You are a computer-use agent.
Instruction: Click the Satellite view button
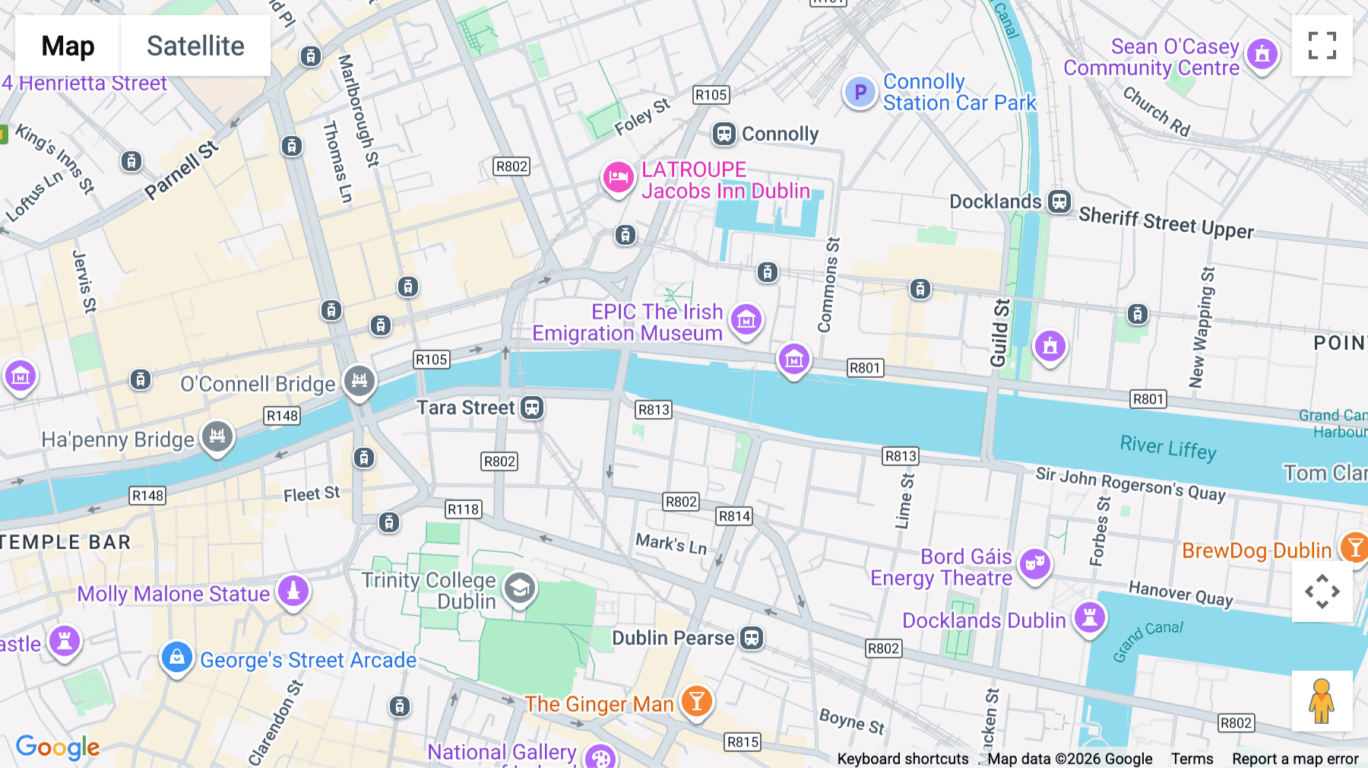click(195, 46)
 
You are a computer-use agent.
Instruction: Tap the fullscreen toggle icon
click(1322, 46)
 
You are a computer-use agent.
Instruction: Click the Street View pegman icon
click(1322, 701)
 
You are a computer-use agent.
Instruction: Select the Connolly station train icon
click(724, 135)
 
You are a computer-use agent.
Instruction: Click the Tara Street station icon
click(532, 408)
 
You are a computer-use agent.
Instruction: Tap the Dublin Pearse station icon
click(752, 638)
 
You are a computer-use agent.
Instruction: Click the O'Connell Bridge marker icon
click(359, 381)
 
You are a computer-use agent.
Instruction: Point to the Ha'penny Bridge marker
click(217, 437)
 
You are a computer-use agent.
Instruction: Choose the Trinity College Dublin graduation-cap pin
click(520, 589)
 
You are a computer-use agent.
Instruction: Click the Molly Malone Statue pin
click(293, 591)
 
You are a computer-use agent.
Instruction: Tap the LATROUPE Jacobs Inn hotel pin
click(618, 178)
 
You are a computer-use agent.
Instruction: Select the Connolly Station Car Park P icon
click(860, 93)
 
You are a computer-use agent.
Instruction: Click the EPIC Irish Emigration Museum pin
click(746, 320)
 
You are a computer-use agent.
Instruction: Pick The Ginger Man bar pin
click(696, 701)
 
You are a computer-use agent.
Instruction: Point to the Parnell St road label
click(181, 170)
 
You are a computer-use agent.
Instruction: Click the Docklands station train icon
click(1059, 202)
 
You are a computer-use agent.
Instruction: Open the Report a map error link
click(1294, 759)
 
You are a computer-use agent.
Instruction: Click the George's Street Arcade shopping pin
click(177, 657)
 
